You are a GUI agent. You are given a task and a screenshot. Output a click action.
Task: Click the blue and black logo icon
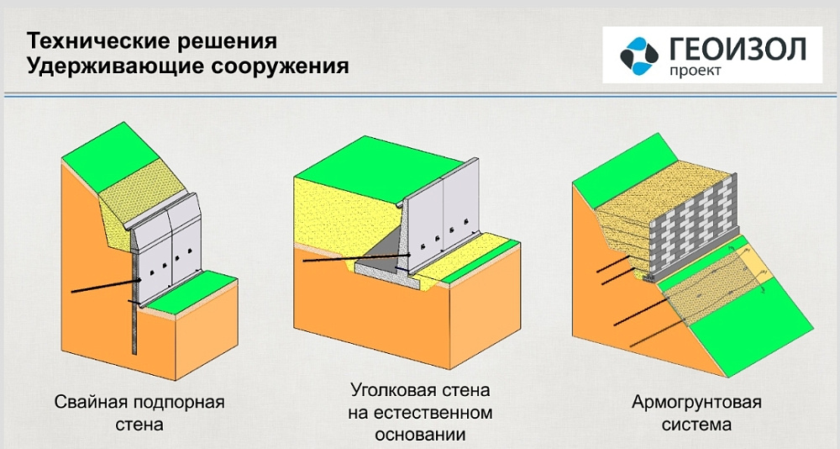(639, 55)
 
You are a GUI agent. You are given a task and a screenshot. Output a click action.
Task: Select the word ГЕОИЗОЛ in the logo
(738, 50)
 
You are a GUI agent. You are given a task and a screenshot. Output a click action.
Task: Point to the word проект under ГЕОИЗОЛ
(696, 71)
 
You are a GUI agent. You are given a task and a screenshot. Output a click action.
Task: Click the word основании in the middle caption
(420, 434)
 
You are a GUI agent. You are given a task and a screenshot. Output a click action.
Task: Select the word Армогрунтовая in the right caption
(696, 402)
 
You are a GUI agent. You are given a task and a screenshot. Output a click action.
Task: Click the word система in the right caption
(696, 425)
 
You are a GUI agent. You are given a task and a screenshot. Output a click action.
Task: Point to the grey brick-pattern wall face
(691, 229)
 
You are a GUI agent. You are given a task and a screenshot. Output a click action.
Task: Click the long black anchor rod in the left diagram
(104, 286)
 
